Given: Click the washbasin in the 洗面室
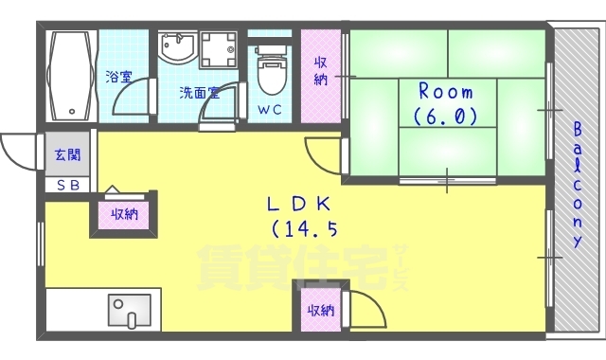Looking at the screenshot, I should [176, 49].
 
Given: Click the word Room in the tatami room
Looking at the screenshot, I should [445, 92].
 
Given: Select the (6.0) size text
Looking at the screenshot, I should [445, 116].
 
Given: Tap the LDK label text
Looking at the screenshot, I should [297, 203].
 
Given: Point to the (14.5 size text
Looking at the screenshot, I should [305, 228].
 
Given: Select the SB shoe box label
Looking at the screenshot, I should [67, 185].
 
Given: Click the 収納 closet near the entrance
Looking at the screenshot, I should [123, 214].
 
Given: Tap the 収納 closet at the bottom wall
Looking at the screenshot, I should [319, 311].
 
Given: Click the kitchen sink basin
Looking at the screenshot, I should [128, 311].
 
